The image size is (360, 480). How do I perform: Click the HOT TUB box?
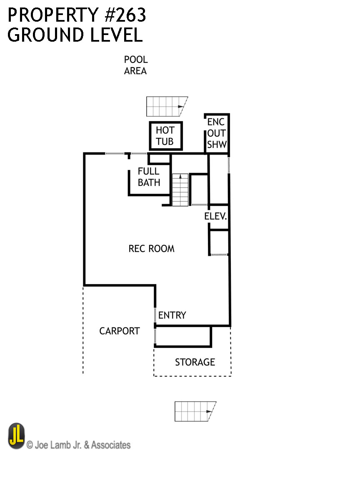165,136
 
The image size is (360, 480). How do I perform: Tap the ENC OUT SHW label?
217,133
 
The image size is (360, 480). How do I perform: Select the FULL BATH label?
149,177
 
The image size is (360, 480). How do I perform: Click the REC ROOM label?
151,249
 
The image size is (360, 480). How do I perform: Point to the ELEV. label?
215,217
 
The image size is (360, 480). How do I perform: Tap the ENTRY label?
172,315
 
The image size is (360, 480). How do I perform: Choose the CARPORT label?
119,331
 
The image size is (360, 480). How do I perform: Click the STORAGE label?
195,362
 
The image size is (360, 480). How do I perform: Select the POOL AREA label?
135,65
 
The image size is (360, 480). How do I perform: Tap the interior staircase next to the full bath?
180,190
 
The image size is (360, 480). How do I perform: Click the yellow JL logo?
16,436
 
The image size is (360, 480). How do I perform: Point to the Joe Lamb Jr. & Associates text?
78,445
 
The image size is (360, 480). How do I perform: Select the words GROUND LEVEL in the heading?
75,35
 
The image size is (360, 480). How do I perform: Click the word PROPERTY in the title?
49,15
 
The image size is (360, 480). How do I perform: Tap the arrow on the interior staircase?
180,177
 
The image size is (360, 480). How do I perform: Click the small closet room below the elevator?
219,242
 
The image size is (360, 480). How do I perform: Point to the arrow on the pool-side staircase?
180,107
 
